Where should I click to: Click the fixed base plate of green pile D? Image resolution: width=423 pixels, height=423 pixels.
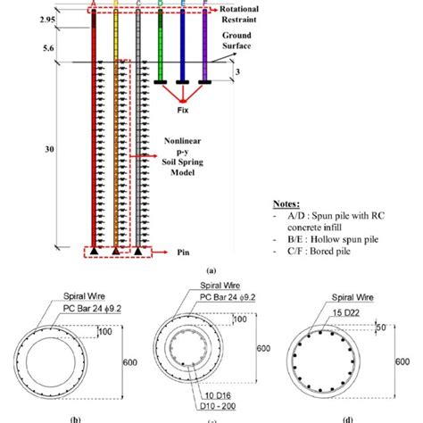[162, 83]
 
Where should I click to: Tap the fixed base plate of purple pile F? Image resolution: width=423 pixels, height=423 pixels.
[205, 83]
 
